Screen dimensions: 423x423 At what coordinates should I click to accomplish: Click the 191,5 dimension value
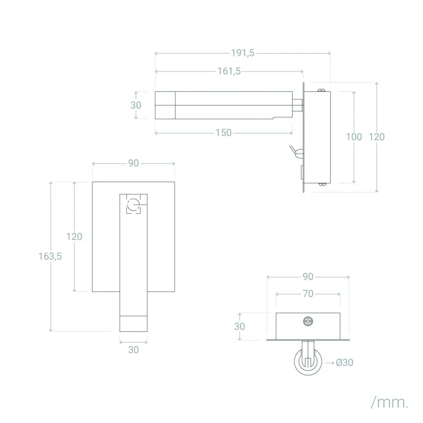(x=242, y=53)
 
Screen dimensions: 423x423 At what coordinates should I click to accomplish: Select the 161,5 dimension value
(x=229, y=71)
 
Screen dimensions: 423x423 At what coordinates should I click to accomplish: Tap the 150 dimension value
(x=223, y=133)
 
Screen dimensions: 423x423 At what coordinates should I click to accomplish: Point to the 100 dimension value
(x=354, y=137)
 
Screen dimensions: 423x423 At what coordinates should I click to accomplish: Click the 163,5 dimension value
(x=50, y=256)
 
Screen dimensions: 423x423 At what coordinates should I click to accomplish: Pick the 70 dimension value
(x=308, y=294)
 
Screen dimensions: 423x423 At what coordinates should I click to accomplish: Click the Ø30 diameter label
(x=344, y=363)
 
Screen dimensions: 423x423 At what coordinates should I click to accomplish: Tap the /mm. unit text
(x=390, y=403)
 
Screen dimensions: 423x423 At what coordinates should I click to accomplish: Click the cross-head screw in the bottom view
(x=308, y=321)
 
